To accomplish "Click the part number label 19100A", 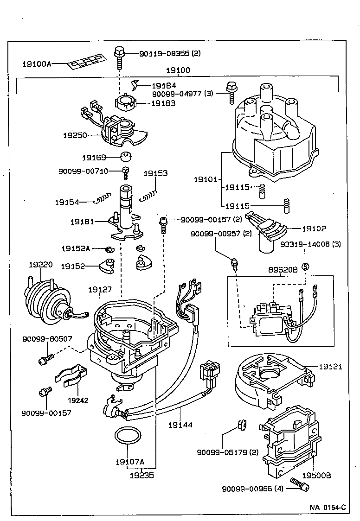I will tap(37, 64).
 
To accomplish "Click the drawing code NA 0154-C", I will tap(328, 507).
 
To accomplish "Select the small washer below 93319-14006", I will tap(305, 266).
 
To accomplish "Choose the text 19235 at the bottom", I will tap(141, 475).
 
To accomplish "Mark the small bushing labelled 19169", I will tap(124, 157).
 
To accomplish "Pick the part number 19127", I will tap(100, 289).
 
